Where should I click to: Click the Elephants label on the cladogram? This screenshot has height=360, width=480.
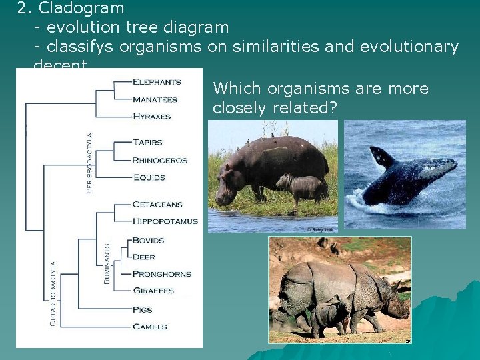(157, 82)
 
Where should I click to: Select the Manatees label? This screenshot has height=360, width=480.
(155, 99)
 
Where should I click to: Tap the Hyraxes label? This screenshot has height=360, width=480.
(151, 117)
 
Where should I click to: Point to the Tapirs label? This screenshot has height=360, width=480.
(147, 142)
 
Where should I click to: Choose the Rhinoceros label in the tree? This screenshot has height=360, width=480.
(160, 160)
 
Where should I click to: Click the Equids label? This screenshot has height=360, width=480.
(149, 177)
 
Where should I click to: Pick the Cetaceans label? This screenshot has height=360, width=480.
(157, 205)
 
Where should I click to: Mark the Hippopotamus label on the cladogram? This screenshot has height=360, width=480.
(165, 221)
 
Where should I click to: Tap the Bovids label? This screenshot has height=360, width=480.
(148, 240)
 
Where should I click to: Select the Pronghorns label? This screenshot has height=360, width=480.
(162, 274)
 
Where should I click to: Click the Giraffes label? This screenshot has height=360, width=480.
(153, 291)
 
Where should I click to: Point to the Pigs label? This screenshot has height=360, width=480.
(142, 310)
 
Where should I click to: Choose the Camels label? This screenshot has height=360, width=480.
(149, 327)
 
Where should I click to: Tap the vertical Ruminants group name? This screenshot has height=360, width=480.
(107, 263)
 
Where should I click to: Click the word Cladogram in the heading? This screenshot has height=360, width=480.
(81, 9)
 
